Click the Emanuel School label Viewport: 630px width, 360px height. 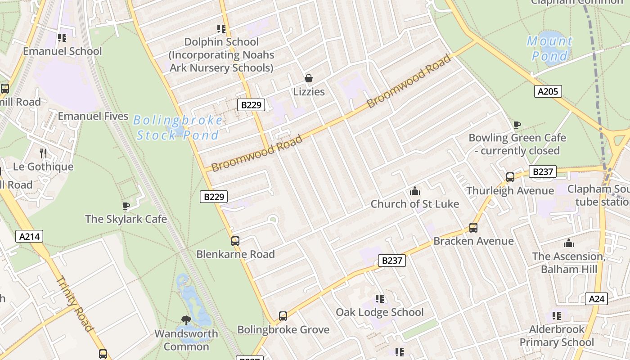63,51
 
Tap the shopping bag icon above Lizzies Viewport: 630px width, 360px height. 309,79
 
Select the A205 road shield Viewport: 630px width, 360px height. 548,92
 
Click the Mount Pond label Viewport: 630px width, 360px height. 549,49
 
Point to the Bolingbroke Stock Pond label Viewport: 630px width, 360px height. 178,128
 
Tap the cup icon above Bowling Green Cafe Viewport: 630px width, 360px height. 517,125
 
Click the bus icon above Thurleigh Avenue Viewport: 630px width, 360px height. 510,177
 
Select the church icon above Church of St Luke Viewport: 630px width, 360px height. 415,191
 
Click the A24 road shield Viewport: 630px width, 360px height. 597,299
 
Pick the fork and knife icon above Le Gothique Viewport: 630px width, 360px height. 43,153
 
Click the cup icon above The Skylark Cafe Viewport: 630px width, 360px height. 126,206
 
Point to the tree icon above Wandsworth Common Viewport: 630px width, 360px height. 186,320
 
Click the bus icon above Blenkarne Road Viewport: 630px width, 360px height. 235,241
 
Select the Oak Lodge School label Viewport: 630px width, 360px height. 380,312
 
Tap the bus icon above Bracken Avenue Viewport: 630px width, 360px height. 473,228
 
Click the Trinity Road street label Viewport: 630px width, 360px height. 75,304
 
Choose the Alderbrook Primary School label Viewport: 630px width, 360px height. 557,336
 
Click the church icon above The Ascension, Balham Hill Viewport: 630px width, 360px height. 569,243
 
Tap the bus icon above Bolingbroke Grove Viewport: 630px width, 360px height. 283,316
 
